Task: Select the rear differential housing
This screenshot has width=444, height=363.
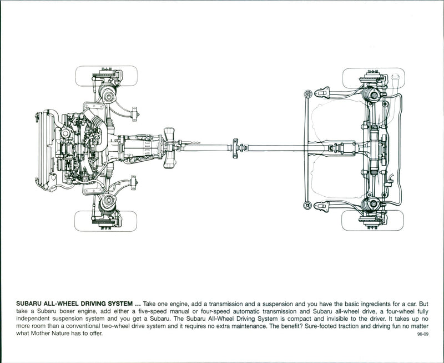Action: pos(373,148)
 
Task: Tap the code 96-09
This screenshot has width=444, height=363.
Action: pos(422,335)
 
